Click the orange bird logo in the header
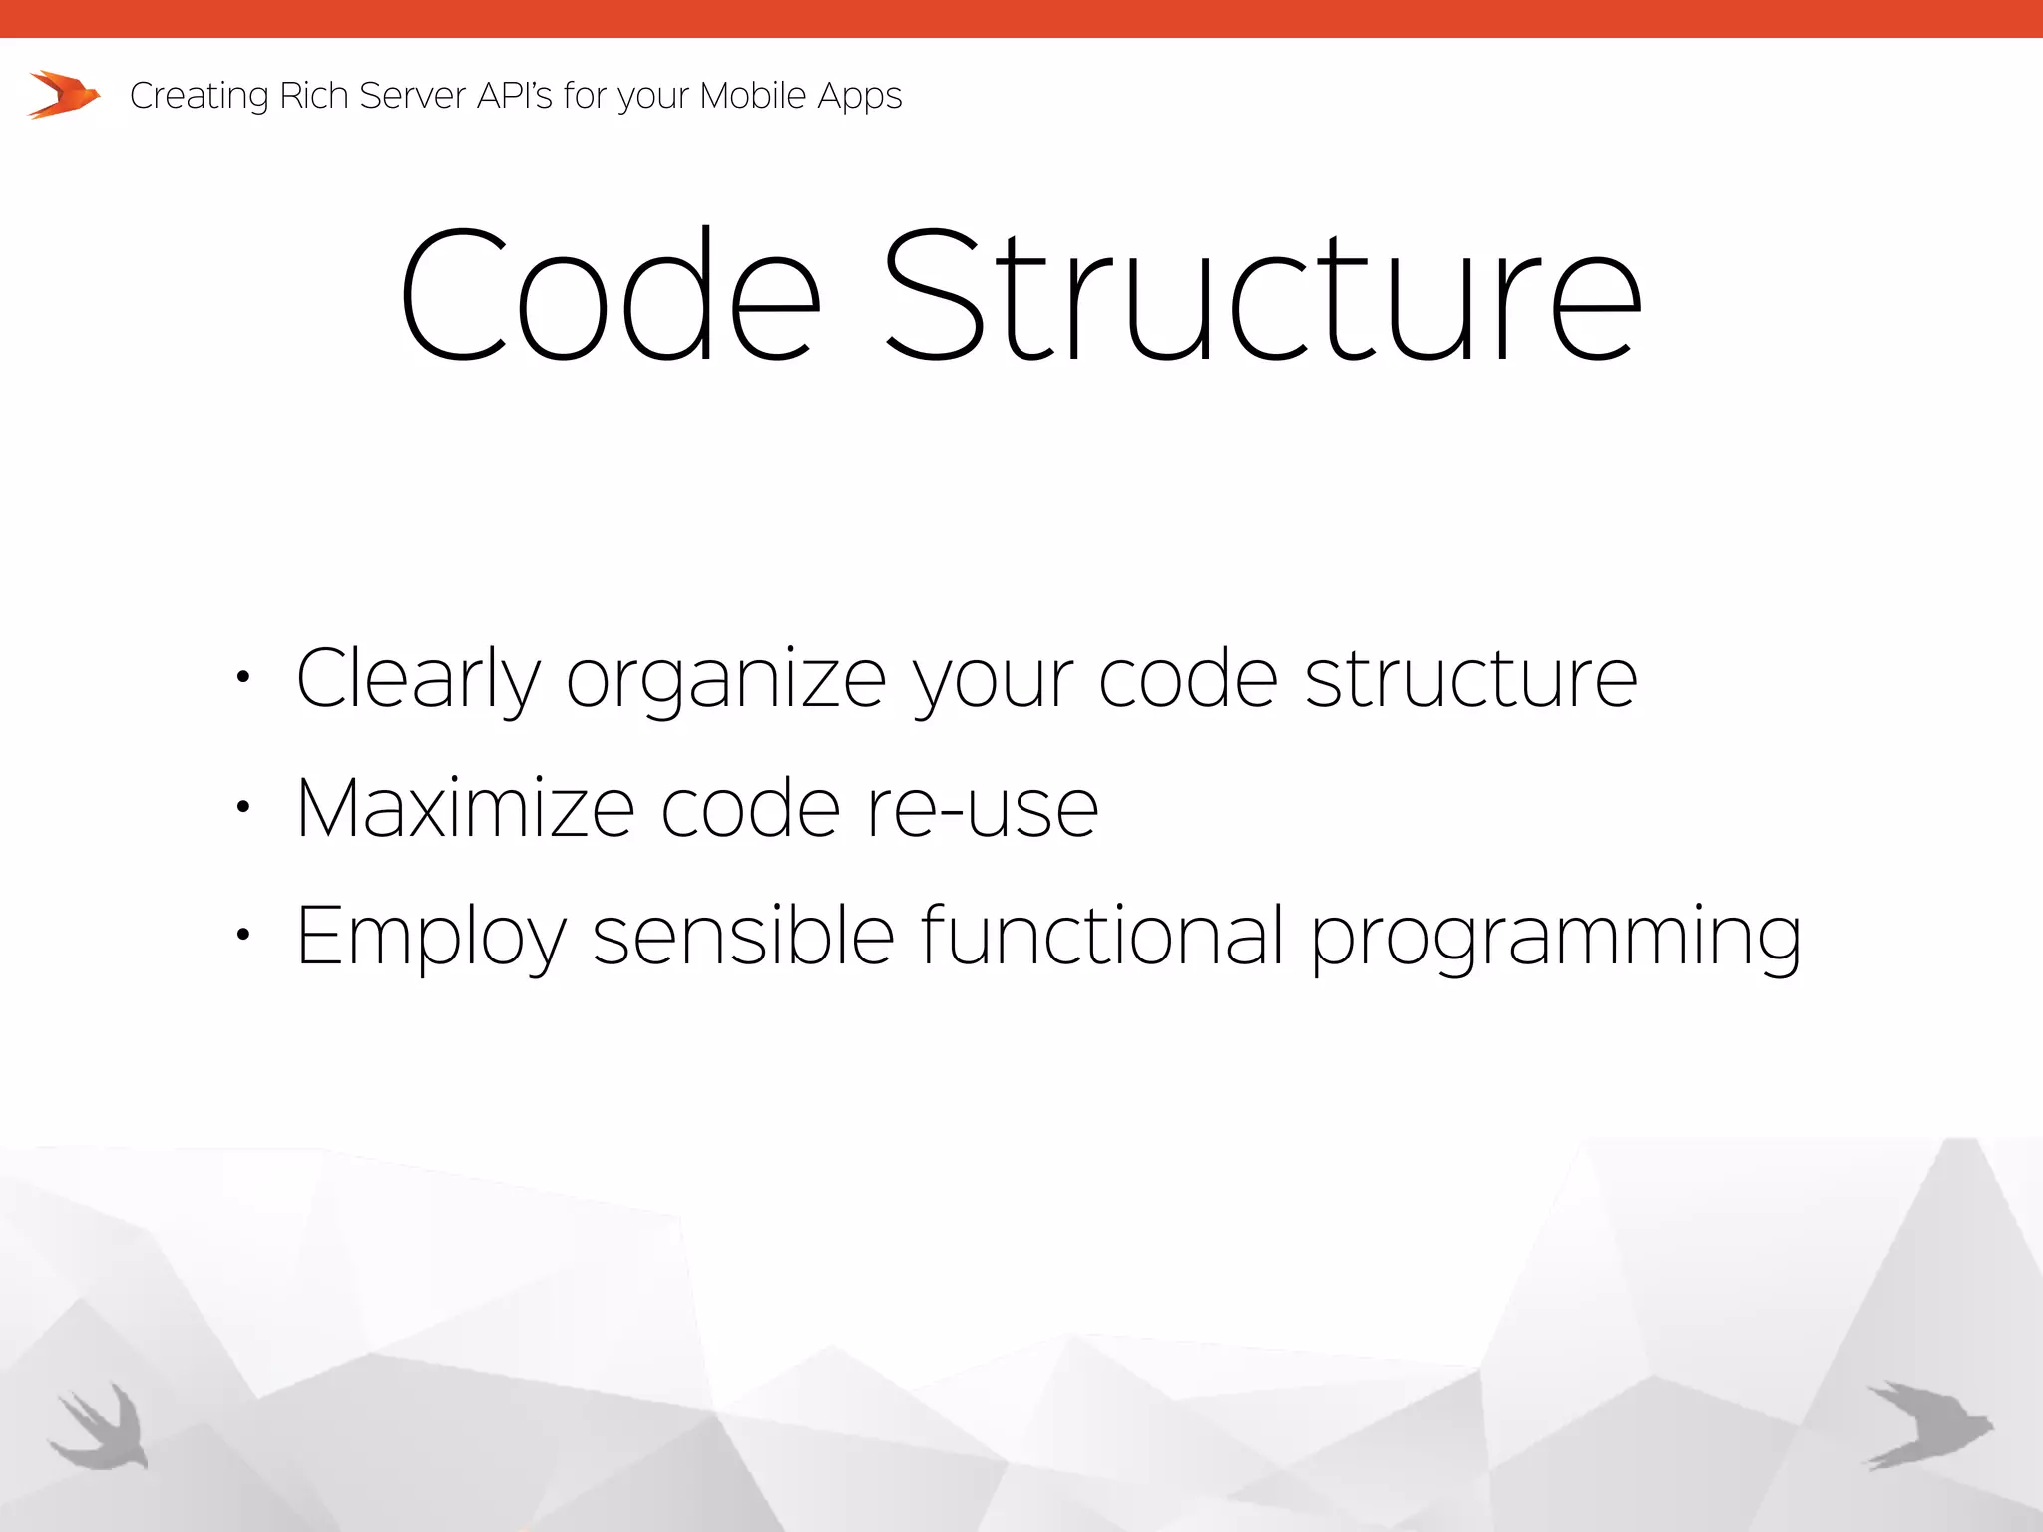coord(64,95)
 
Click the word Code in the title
coord(611,296)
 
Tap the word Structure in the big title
coord(1263,296)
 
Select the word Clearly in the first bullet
coord(417,679)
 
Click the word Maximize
coord(465,807)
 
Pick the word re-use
coord(982,809)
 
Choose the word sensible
coord(743,935)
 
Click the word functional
coord(1101,935)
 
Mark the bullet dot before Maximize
coord(242,807)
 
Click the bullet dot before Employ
coord(242,935)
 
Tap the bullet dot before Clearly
coord(242,678)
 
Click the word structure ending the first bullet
coord(1470,679)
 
